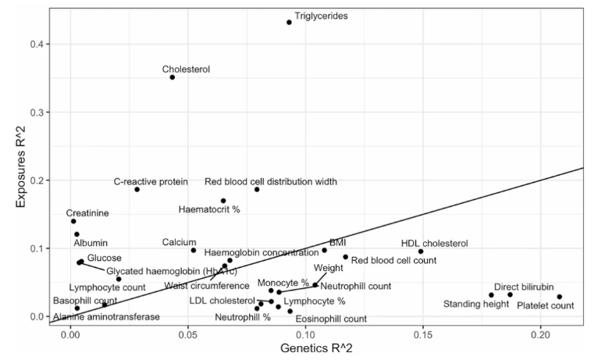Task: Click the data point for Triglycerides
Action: click(x=289, y=22)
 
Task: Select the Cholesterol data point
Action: click(x=173, y=77)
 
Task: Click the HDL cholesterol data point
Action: click(x=421, y=251)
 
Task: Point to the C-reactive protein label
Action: click(x=151, y=182)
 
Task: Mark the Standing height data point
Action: click(x=491, y=295)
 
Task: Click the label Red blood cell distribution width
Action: click(x=271, y=182)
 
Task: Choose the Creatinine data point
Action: click(x=73, y=221)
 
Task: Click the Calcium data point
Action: click(x=194, y=250)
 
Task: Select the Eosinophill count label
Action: click(x=331, y=319)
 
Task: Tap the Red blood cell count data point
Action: click(x=345, y=257)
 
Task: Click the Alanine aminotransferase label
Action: click(x=106, y=317)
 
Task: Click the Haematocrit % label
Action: click(x=209, y=210)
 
